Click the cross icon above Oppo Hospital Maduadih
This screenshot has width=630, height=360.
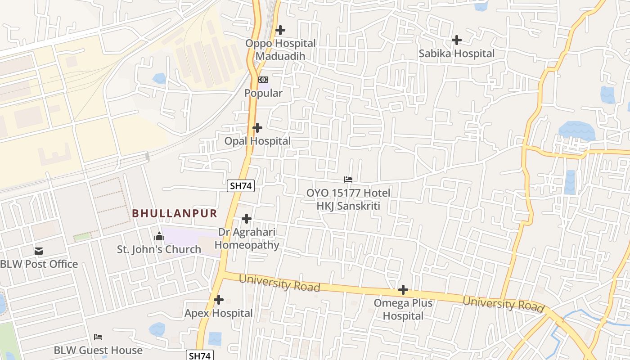[x=280, y=30]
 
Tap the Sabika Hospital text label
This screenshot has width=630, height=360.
[x=456, y=54]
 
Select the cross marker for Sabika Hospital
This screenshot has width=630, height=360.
[x=456, y=40]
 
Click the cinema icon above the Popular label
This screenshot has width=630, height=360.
[x=263, y=80]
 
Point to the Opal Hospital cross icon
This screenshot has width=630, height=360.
[x=257, y=128]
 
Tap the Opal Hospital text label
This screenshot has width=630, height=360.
[x=257, y=141]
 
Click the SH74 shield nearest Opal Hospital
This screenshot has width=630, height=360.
[x=241, y=185]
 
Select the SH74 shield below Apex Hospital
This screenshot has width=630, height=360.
[x=199, y=355]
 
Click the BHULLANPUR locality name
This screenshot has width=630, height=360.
[x=175, y=213]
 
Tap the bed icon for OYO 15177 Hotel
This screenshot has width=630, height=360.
[x=348, y=180]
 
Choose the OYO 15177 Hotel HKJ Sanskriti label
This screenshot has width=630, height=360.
[x=348, y=199]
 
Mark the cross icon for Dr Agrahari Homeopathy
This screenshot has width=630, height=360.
[x=246, y=219]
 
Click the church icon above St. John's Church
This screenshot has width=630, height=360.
[x=159, y=236]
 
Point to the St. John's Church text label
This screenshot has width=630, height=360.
[x=159, y=249]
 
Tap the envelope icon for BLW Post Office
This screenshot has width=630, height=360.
[x=39, y=251]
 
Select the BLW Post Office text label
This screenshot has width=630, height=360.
[x=39, y=264]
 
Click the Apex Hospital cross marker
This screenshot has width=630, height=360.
[x=219, y=300]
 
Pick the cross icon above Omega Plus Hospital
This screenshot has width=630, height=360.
[x=403, y=290]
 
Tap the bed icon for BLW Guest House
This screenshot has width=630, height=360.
[x=98, y=337]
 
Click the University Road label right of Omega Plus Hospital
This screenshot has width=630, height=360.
[x=503, y=304]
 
